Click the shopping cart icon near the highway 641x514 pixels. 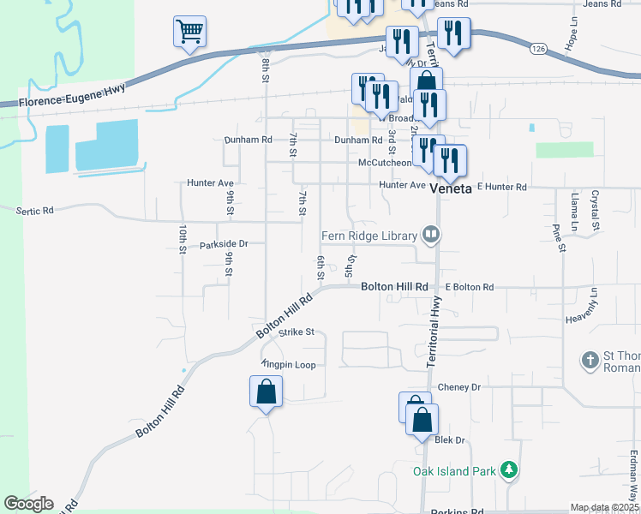189,33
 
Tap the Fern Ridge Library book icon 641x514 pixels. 430,235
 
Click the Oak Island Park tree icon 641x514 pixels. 510,470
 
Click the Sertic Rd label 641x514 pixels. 35,210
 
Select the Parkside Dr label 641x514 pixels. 223,244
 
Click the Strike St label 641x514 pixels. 297,332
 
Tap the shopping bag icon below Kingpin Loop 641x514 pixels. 266,392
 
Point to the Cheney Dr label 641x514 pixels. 459,387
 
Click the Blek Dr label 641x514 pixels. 449,440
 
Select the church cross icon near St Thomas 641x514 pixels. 590,361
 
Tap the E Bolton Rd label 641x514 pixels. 469,287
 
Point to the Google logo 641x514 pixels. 28,504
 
